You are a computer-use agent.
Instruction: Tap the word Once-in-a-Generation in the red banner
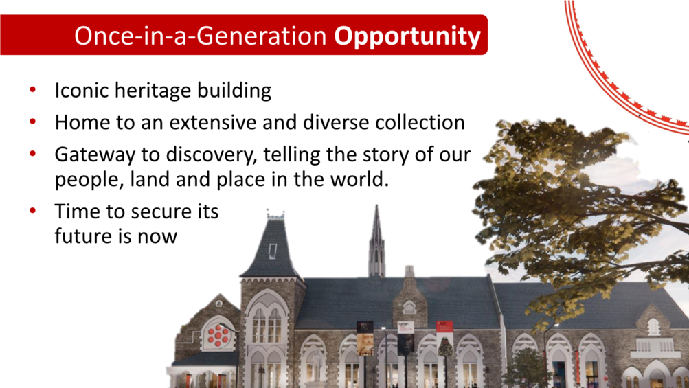coord(201,36)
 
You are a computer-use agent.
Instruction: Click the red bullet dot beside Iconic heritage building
coord(32,90)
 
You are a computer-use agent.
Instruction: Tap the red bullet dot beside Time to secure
coord(32,211)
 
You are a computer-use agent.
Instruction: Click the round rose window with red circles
coord(218,336)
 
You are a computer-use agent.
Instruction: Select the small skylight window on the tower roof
coord(273,251)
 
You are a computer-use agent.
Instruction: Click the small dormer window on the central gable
coord(409,307)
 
